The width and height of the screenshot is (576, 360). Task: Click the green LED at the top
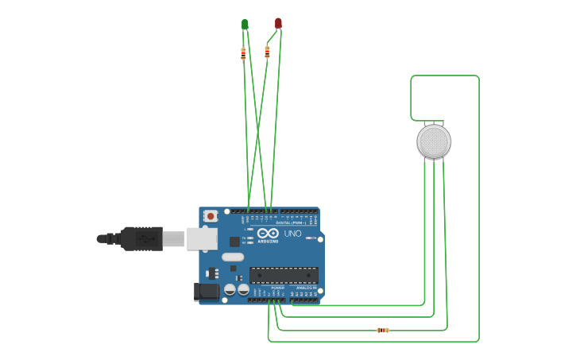pos(245,25)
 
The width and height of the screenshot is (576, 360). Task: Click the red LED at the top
pos(278,23)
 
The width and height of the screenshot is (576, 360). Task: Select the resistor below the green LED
pos(243,54)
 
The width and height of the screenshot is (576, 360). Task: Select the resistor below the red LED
pos(267,52)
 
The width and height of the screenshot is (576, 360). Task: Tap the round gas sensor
pos(434,141)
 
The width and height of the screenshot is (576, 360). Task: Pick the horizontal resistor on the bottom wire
pos(383,330)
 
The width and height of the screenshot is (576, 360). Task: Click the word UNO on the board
pos(292,234)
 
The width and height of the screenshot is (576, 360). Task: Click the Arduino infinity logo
pos(268,234)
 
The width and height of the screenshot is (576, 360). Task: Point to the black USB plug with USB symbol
pos(142,238)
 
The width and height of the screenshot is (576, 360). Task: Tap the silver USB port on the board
pos(202,238)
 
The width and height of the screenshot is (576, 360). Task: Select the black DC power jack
pos(207,292)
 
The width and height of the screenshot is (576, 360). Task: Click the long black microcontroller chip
pos(284,275)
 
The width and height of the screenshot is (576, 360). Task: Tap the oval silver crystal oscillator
pos(233,257)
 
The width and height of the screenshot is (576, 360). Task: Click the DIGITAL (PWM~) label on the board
pos(290,223)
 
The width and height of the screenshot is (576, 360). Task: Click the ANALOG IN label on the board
pos(307,288)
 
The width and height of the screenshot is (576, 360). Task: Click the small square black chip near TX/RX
pos(234,242)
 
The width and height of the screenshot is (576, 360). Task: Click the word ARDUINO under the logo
pos(269,242)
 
